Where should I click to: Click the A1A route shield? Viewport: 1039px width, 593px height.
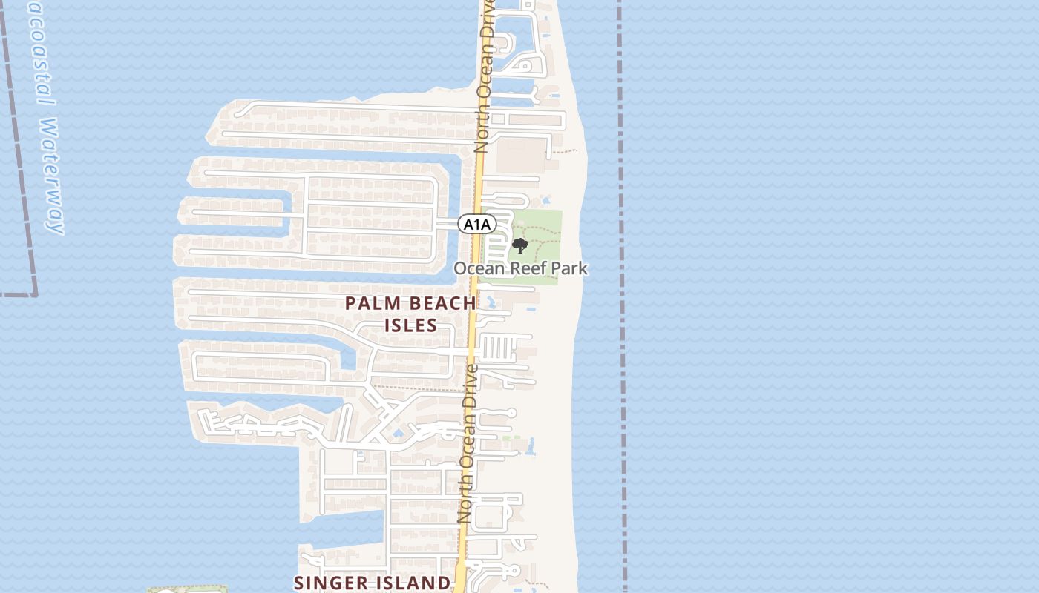[x=476, y=224]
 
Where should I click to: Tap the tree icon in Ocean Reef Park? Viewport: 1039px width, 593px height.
[x=520, y=245]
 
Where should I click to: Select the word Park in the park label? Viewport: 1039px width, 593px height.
[x=569, y=268]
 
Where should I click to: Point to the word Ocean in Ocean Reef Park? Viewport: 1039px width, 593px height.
[x=479, y=268]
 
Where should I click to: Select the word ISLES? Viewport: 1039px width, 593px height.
[x=410, y=325]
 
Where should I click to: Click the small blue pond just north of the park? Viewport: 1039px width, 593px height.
[x=547, y=200]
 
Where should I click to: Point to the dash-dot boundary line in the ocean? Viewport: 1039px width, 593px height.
[x=620, y=296]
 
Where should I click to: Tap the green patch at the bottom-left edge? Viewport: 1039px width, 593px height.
[x=186, y=590]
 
